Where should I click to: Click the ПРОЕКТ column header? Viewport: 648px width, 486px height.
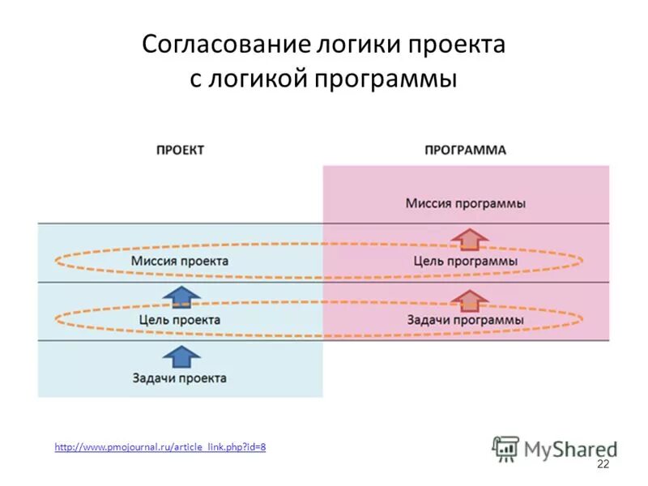click(x=180, y=150)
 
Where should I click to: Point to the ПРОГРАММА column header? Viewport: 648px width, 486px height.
click(x=466, y=150)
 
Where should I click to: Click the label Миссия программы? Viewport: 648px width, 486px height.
click(x=466, y=203)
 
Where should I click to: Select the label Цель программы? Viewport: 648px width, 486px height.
click(x=466, y=262)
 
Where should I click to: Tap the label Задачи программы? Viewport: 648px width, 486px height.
click(x=466, y=320)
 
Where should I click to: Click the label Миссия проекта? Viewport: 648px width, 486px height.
click(x=180, y=262)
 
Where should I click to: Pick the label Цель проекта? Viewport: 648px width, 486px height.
click(x=180, y=320)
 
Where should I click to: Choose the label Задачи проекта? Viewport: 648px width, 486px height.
click(x=180, y=378)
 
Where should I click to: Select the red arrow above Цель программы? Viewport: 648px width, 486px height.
click(x=469, y=240)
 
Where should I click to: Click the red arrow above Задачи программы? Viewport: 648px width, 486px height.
click(x=469, y=298)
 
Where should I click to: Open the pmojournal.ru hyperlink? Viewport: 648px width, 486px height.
click(x=160, y=447)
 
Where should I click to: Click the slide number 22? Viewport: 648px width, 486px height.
click(x=603, y=464)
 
